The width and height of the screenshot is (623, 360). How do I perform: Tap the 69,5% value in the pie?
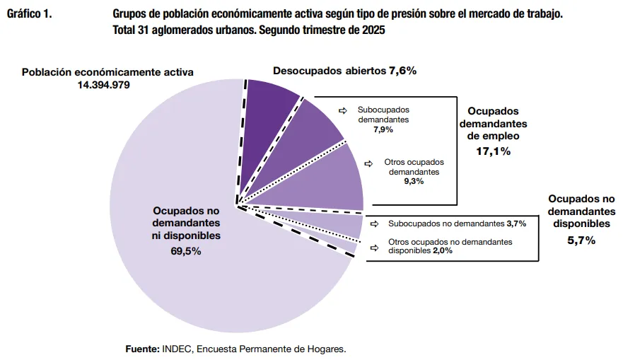[186, 250]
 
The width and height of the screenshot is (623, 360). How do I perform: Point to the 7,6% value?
[402, 71]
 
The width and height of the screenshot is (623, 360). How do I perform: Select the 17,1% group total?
[494, 151]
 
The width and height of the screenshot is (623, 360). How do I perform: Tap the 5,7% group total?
[581, 240]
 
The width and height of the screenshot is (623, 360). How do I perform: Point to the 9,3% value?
[414, 182]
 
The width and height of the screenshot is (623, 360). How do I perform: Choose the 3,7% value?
[516, 223]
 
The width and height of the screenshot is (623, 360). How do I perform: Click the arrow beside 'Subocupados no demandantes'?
[374, 223]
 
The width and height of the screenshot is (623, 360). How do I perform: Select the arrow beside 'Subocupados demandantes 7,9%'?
[343, 110]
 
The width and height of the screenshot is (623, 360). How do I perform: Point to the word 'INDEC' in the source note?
[177, 349]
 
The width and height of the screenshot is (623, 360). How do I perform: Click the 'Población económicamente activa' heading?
[107, 72]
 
